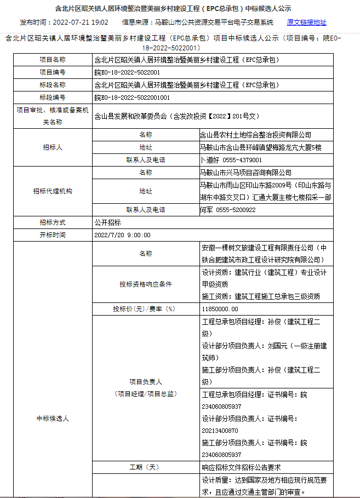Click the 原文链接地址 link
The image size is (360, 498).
[306, 22]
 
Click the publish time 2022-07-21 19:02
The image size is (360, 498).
[81, 22]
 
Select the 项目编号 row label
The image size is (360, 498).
[52, 72]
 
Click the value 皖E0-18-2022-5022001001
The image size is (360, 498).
[132, 98]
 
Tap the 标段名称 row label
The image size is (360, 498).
[52, 85]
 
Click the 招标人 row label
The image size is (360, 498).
[52, 147]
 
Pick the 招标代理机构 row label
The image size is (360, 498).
[52, 191]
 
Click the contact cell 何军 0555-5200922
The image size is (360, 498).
[228, 210]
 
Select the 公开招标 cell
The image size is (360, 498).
[108, 222]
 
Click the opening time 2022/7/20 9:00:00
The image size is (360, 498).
[122, 235]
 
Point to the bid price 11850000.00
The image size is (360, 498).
[220, 309]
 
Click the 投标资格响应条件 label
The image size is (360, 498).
[145, 285]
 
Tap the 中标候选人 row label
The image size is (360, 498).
[52, 419]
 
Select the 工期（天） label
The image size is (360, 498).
[145, 467]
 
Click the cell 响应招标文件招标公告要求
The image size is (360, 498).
[241, 467]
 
